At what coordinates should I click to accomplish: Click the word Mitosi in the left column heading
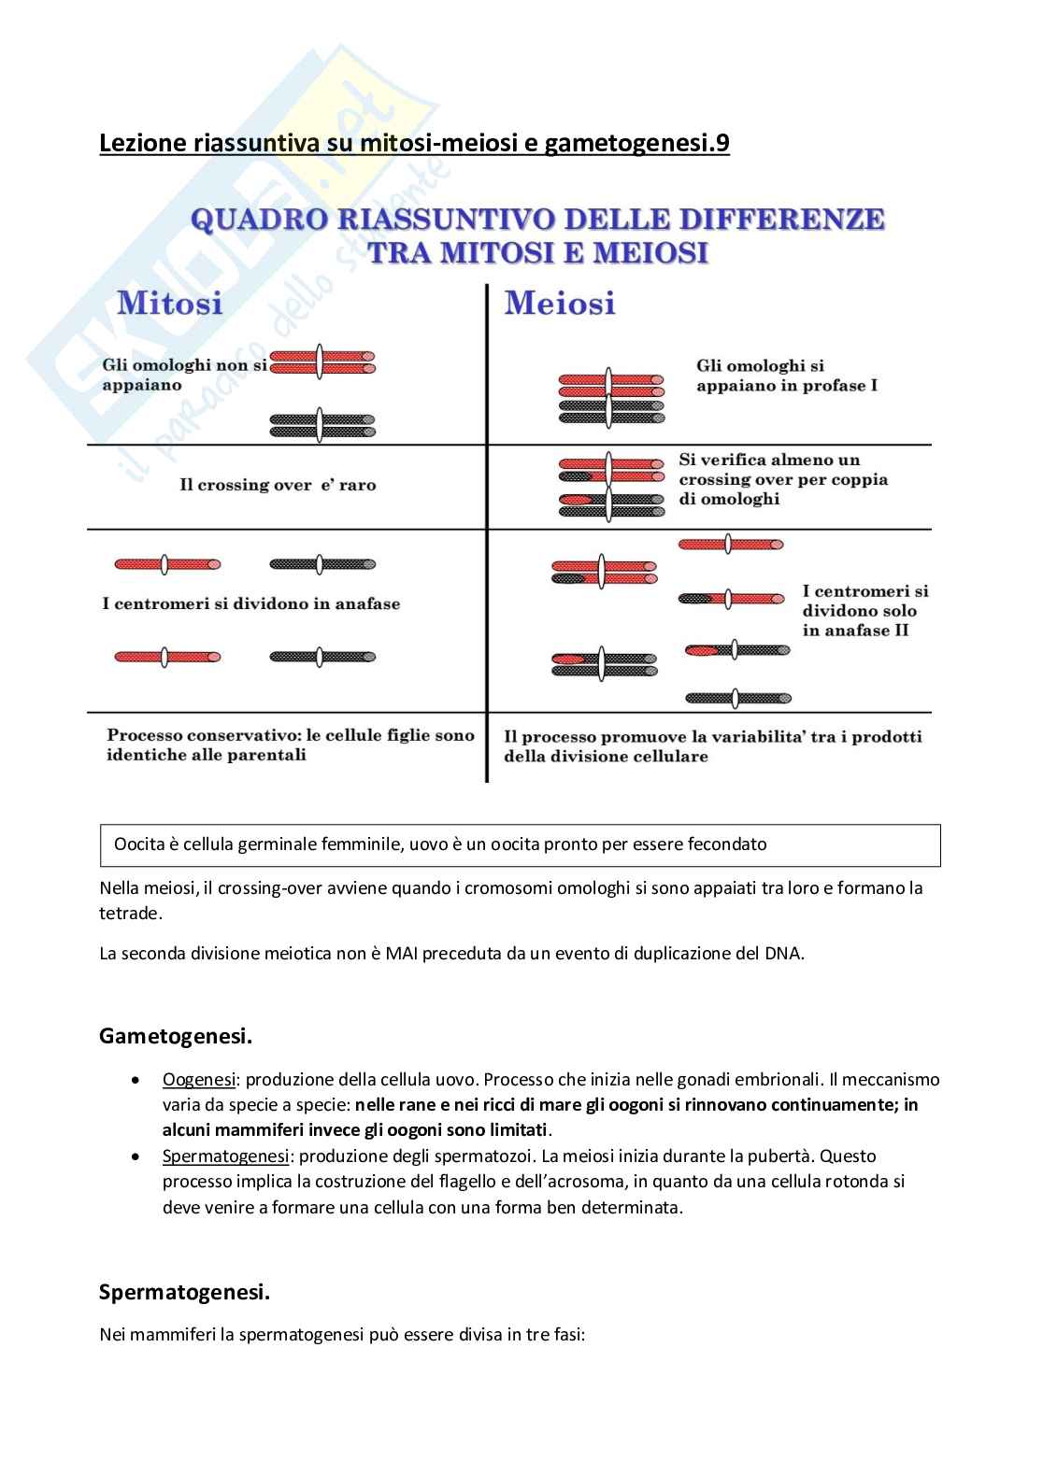pos(170,304)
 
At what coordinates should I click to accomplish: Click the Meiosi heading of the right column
pos(560,304)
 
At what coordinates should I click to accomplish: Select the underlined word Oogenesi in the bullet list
pos(199,1080)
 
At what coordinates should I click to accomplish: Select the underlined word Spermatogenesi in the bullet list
pos(225,1156)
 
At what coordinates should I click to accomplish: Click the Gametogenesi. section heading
pos(176,1036)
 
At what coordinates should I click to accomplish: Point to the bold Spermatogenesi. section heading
pos(184,1293)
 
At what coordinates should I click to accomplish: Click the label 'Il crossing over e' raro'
pos(278,486)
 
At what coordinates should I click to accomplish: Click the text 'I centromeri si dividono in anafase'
pos(250,604)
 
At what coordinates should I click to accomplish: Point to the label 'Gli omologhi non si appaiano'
pos(184,376)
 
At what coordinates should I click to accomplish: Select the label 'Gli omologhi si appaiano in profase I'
pos(786,376)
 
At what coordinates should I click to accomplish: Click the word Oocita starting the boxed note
pos(138,844)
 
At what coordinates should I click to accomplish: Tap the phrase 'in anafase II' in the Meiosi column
pos(855,631)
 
